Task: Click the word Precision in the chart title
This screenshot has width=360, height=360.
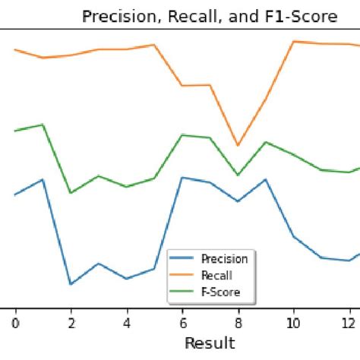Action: [115, 17]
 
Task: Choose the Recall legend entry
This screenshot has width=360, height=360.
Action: [216, 276]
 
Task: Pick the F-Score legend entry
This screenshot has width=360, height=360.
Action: [220, 292]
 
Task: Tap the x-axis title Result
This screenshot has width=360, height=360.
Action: [210, 343]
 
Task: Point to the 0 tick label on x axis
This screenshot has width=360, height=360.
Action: [15, 322]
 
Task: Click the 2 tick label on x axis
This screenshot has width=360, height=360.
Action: [71, 322]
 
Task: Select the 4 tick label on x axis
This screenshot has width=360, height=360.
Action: [126, 322]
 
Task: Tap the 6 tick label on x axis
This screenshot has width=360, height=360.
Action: [182, 322]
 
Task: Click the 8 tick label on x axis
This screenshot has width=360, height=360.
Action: [238, 322]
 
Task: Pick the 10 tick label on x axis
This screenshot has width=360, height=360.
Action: [293, 322]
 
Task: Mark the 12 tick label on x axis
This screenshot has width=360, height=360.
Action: [349, 322]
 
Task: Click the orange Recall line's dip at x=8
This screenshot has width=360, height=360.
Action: [238, 145]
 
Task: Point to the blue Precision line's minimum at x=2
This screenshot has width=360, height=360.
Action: [71, 284]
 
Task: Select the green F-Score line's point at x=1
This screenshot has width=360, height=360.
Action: [43, 125]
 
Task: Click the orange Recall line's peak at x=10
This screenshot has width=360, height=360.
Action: [293, 41]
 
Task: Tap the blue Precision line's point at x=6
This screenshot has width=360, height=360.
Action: [182, 178]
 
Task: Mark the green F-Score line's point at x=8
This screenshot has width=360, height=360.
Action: [238, 175]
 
